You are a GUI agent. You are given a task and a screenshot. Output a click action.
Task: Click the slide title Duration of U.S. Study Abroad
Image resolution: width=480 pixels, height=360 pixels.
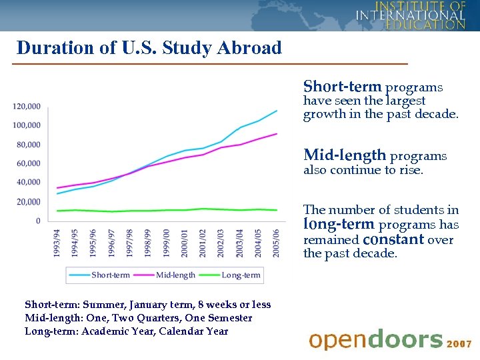pyautogui.click(x=149, y=48)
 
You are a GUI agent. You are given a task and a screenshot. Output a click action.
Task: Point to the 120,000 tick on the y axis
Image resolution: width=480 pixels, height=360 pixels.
pyautogui.click(x=27, y=106)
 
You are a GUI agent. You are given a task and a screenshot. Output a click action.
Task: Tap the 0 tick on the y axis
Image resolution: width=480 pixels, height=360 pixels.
pyautogui.click(x=38, y=221)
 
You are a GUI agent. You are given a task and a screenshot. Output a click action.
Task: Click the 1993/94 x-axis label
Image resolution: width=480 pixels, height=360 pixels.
pyautogui.click(x=57, y=243)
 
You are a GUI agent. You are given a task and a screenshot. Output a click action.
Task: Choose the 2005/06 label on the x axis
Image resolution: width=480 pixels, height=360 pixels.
pyautogui.click(x=275, y=243)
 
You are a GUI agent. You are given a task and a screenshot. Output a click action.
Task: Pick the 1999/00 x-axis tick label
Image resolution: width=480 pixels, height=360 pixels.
pyautogui.click(x=167, y=243)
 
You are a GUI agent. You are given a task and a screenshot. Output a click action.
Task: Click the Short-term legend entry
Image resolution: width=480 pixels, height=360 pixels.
pyautogui.click(x=111, y=275)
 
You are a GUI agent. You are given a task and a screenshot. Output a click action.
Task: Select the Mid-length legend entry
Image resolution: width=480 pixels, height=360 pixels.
pyautogui.click(x=175, y=275)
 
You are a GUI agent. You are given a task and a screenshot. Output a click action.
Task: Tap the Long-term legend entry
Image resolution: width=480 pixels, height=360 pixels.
pyautogui.click(x=241, y=275)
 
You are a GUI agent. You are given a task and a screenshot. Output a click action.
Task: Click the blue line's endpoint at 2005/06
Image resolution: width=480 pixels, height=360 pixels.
pyautogui.click(x=277, y=111)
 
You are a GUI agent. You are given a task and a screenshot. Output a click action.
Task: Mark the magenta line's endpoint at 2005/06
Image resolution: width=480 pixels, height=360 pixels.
pyautogui.click(x=277, y=134)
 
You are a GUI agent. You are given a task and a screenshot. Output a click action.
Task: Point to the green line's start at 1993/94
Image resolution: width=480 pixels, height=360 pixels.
pyautogui.click(x=57, y=211)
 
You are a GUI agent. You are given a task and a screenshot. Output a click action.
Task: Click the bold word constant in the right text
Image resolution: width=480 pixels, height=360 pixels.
pyautogui.click(x=394, y=239)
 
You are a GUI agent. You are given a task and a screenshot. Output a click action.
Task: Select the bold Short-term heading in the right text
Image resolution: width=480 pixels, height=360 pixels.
pyautogui.click(x=342, y=87)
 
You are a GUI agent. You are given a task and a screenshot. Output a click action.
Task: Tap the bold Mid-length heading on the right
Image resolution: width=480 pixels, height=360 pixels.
pyautogui.click(x=345, y=155)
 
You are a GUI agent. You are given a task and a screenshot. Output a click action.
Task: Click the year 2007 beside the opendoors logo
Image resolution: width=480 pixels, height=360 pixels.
pyautogui.click(x=459, y=344)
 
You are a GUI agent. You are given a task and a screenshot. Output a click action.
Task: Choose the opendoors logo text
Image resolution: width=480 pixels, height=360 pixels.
pyautogui.click(x=375, y=340)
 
